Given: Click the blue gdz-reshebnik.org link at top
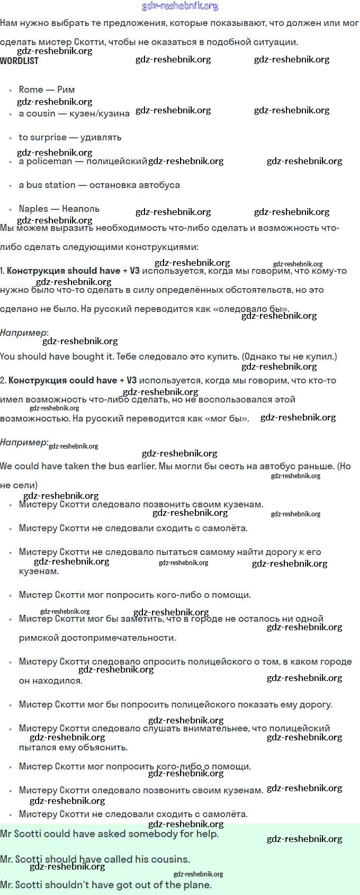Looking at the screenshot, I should click(x=180, y=6).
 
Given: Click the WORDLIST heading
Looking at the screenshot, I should click(x=19, y=60).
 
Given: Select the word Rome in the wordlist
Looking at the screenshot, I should click(x=31, y=89).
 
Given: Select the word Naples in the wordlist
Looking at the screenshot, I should click(x=33, y=209).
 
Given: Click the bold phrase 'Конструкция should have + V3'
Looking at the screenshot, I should click(x=73, y=271).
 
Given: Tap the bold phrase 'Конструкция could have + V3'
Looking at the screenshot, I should click(x=73, y=380).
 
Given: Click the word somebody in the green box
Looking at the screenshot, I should click(x=151, y=834).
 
